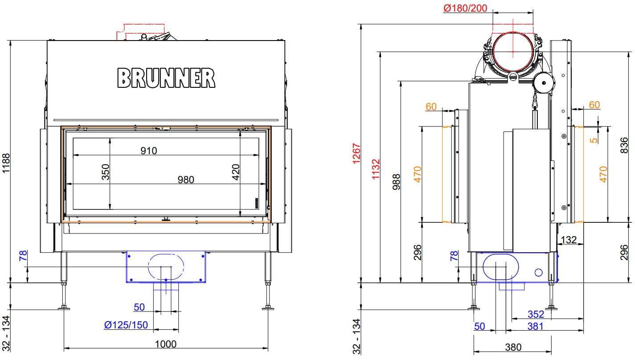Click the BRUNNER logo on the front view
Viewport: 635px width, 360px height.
click(166, 78)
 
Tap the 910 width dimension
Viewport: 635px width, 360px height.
click(149, 151)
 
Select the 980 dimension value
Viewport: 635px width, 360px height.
click(186, 180)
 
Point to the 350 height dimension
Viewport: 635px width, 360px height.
click(106, 172)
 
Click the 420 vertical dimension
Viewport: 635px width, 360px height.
click(236, 172)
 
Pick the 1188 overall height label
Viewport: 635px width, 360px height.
click(6, 163)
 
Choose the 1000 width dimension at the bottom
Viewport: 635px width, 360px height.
click(166, 344)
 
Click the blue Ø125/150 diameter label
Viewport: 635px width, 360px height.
click(126, 324)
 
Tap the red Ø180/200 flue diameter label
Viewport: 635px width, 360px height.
click(465, 8)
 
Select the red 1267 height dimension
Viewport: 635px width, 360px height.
click(356, 154)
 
